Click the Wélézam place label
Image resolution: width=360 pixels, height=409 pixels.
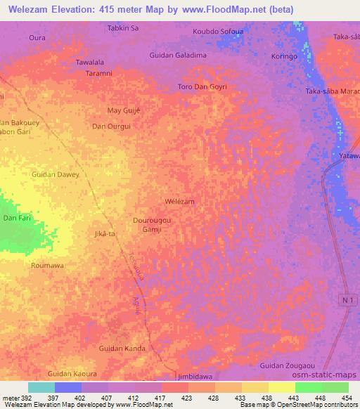tap(179, 201)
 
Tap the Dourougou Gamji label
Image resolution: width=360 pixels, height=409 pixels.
tap(153, 225)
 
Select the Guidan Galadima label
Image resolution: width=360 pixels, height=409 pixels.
tap(178, 55)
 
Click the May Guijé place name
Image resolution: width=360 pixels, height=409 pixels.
tap(123, 110)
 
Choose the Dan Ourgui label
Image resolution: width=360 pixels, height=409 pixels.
tap(112, 126)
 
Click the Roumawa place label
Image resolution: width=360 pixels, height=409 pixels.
tap(47, 266)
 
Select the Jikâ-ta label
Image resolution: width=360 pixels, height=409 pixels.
tap(104, 233)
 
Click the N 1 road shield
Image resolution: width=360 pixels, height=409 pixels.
tap(345, 300)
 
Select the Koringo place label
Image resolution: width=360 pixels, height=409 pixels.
tap(283, 56)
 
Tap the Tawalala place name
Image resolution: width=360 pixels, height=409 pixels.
tap(90, 62)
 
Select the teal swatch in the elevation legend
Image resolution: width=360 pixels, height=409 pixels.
tap(41, 387)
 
